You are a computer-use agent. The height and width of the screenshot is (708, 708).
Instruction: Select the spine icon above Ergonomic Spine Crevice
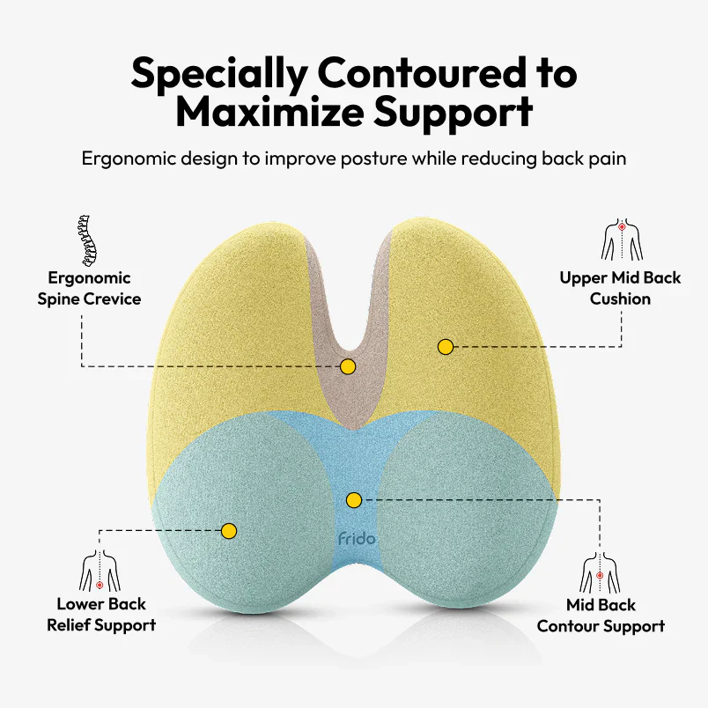86,239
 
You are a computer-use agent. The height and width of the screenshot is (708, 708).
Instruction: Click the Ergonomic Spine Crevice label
89,288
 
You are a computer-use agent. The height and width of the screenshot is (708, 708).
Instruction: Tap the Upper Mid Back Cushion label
620,288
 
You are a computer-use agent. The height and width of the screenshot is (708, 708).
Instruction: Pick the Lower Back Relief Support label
101,615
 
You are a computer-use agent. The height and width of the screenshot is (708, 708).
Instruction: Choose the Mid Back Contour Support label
601,616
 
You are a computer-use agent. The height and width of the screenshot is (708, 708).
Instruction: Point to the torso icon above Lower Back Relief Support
100,572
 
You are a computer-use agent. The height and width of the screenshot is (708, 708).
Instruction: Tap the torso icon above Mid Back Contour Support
600,572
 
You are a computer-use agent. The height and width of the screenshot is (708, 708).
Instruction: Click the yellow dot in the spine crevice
348,365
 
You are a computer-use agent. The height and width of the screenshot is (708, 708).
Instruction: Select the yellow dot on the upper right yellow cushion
446,347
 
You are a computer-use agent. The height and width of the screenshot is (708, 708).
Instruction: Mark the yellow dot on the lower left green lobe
229,531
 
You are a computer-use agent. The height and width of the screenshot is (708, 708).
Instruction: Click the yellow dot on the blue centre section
354,500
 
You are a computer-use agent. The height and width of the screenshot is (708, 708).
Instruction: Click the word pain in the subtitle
608,159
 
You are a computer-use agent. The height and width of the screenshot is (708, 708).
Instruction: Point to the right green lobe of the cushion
467,520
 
